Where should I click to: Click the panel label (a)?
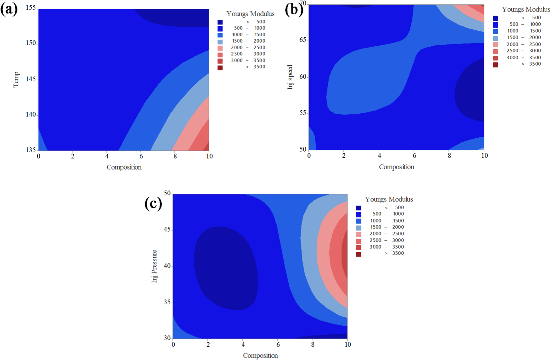coord(9,10)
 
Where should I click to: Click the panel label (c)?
coord(153,203)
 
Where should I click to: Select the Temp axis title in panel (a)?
coord(16,80)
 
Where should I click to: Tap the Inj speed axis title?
coord(290,77)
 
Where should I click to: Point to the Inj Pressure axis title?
coord(154,266)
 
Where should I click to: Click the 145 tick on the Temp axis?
coord(31,79)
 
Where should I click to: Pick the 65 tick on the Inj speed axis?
coord(302,40)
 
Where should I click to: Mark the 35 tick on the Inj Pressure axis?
coord(167,302)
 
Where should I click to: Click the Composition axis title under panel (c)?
coord(260,355)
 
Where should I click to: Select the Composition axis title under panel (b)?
coord(396,167)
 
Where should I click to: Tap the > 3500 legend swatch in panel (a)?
coord(220,68)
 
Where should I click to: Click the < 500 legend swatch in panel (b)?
coord(495,18)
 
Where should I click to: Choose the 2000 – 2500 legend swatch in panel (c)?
coord(358,234)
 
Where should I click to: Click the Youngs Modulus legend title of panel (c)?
coord(389,199)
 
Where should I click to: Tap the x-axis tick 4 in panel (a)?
coord(107,156)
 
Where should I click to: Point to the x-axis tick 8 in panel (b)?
coord(449,155)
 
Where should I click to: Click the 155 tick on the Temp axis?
coord(31,8)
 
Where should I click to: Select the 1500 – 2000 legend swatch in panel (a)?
coord(220,42)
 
